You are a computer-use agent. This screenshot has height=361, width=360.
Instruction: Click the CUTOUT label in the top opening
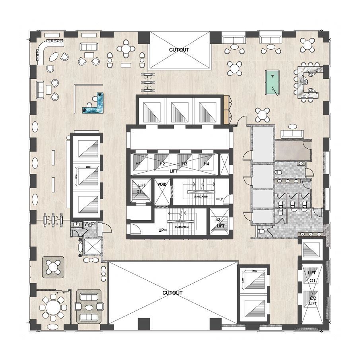point(179,50)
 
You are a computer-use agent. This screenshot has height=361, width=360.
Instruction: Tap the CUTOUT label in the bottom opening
point(172,293)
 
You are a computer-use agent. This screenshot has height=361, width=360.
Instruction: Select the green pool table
point(272,83)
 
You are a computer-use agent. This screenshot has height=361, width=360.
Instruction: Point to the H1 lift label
point(138,164)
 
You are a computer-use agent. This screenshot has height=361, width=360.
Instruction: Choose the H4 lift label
point(206,164)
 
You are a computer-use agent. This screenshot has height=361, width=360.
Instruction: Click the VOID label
point(162,185)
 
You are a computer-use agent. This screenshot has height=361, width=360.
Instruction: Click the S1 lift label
point(140,192)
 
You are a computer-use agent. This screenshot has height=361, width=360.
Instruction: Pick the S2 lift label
point(218,219)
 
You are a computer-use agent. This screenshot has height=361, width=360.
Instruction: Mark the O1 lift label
point(312,281)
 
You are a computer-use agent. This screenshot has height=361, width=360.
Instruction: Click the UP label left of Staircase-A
point(162,230)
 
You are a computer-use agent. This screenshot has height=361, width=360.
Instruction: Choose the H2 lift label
point(162,164)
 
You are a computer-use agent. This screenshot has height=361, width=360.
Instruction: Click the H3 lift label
point(185,164)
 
